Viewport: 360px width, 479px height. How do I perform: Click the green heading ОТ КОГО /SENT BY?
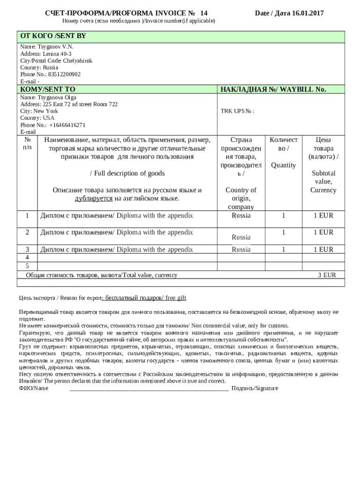coord(53,36)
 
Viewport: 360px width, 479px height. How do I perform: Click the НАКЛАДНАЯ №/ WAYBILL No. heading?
coord(273,89)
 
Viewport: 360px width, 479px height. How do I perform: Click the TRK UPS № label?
coord(237,111)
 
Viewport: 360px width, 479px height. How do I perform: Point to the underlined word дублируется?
coord(94,198)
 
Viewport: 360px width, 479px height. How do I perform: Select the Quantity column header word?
coord(283,165)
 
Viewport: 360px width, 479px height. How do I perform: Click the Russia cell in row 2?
coord(241,237)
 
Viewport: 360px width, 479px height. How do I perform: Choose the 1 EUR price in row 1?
coord(323,216)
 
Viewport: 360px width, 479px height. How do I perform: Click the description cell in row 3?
coord(117,249)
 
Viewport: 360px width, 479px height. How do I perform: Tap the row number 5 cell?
coord(27,266)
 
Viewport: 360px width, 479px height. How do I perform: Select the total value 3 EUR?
coord(327,275)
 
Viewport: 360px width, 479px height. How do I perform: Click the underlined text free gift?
coord(175,298)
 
